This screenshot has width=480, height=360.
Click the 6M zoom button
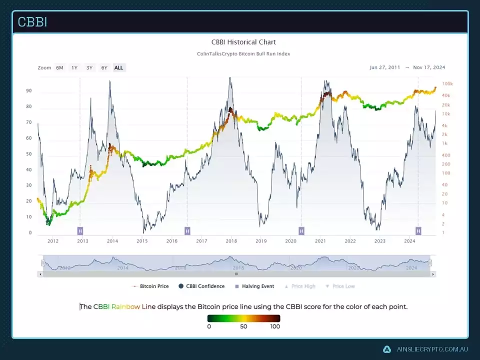pyautogui.click(x=59, y=67)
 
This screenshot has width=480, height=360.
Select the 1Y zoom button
pyautogui.click(x=74, y=67)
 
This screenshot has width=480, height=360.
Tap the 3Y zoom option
pyautogui.click(x=89, y=67)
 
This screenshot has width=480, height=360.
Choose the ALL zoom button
pyautogui.click(x=118, y=67)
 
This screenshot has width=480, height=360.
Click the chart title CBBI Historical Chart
pyautogui.click(x=243, y=42)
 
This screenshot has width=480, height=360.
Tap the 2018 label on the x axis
pyautogui.click(x=231, y=241)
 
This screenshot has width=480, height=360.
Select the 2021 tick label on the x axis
pyautogui.click(x=320, y=241)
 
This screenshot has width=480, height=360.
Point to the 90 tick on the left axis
pyautogui.click(x=29, y=91)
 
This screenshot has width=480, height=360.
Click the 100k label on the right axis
pyautogui.click(x=447, y=84)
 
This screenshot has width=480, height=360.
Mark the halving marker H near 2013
pyautogui.click(x=80, y=230)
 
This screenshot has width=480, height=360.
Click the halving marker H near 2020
pyautogui.click(x=301, y=230)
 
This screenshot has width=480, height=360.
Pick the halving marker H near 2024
pyautogui.click(x=418, y=230)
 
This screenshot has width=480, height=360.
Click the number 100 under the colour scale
pyautogui.click(x=274, y=326)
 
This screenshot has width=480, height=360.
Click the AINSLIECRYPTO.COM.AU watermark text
pyautogui.click(x=432, y=349)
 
